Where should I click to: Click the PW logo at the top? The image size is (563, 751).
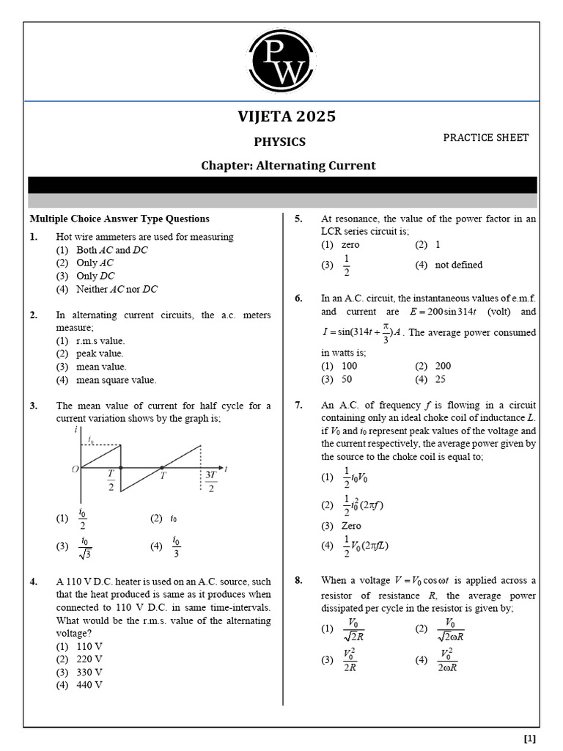tap(281, 62)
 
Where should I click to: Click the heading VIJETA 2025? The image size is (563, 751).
tap(287, 117)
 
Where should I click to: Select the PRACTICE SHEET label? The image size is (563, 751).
tap(485, 138)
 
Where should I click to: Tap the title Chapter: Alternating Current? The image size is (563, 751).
tap(288, 166)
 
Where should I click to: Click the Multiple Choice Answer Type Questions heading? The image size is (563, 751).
tap(119, 219)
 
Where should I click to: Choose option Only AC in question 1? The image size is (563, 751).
tap(95, 263)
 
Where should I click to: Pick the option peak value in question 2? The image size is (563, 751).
tap(100, 353)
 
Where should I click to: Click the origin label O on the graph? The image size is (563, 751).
tap(75, 469)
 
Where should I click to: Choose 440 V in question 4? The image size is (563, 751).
tap(89, 685)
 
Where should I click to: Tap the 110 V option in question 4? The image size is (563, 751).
tap(89, 647)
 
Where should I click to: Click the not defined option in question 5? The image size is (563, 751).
tap(458, 265)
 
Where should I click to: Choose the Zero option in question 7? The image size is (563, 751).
tap(351, 526)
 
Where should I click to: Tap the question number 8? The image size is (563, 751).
tap(299, 581)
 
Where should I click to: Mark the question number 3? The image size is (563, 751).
tap(34, 406)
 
